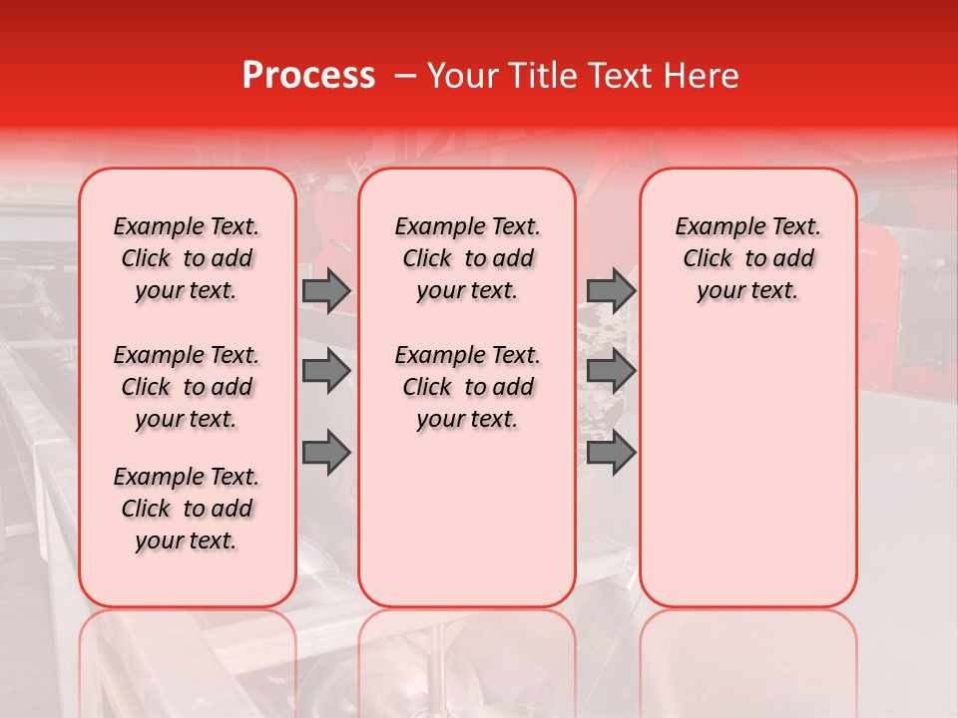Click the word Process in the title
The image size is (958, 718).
(308, 76)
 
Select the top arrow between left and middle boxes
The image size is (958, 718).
(326, 290)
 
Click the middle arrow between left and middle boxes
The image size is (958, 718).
(326, 371)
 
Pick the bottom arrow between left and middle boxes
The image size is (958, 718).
(326, 452)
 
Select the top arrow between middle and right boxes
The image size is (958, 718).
(611, 290)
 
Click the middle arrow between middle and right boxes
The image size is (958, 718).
(611, 371)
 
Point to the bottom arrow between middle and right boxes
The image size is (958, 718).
(611, 452)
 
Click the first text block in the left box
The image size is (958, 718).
(187, 258)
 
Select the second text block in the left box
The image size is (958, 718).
(187, 387)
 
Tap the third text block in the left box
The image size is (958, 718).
(187, 509)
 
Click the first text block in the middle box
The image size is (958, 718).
(467, 258)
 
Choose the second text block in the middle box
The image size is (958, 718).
(467, 387)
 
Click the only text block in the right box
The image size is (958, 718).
(748, 258)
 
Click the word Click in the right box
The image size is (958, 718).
(708, 259)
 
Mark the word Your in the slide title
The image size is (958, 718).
(459, 76)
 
